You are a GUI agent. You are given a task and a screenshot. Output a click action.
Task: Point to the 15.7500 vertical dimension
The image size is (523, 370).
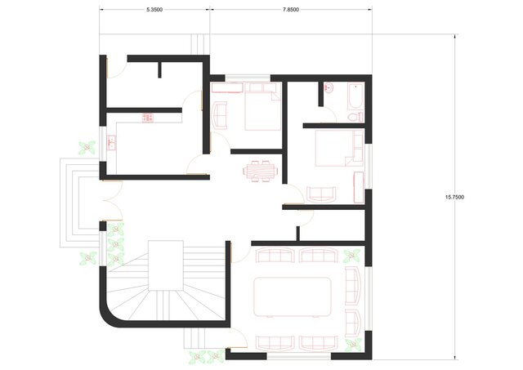point(456,196)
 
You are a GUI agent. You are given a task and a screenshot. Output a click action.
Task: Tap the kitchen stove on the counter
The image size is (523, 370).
point(149,118)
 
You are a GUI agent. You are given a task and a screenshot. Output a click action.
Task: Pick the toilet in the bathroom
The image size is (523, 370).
point(353,117)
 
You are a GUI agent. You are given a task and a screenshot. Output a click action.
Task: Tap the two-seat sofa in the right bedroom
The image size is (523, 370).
point(320,193)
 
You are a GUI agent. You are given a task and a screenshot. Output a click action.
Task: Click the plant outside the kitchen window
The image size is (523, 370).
point(85,148)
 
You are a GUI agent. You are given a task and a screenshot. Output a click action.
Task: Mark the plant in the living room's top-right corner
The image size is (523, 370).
point(352,255)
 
